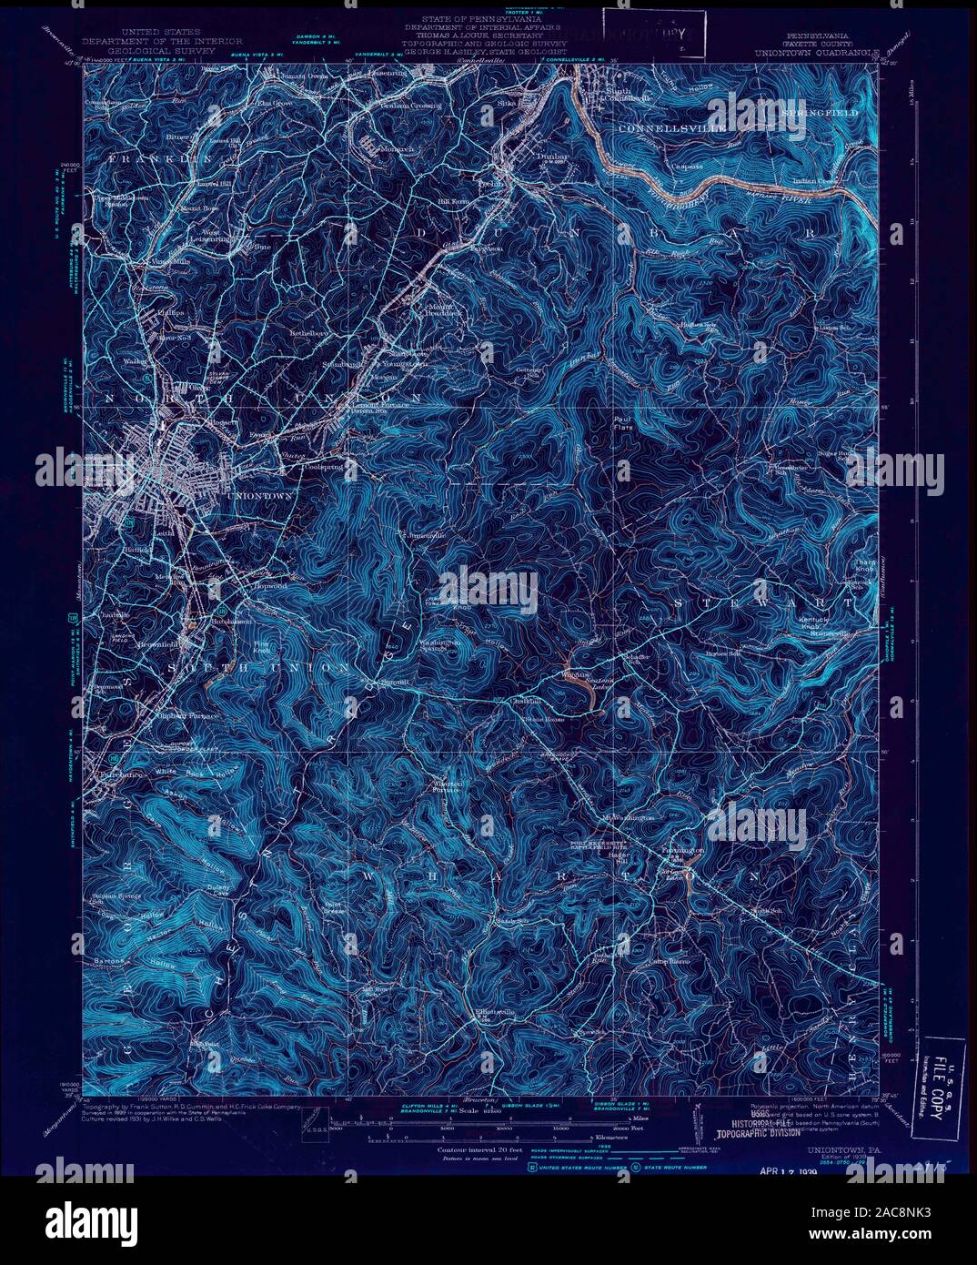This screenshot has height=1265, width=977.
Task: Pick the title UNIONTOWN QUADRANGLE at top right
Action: point(816,54)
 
